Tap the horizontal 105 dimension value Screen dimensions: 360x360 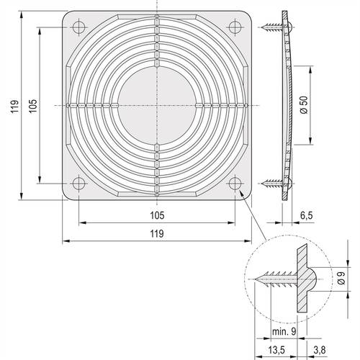point(156,215)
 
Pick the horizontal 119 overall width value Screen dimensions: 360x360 point(156,233)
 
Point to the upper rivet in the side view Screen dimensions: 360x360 point(274,28)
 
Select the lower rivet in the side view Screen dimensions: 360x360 point(274,183)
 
